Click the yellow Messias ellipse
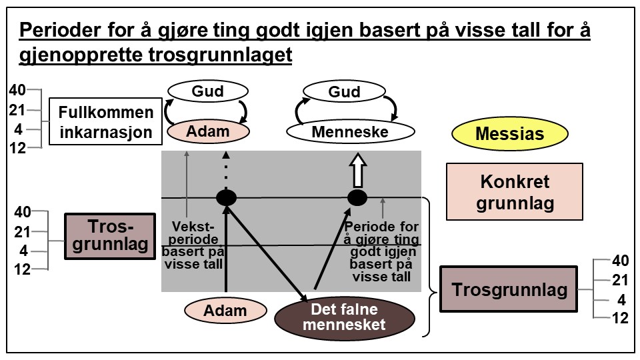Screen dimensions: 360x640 (509, 134)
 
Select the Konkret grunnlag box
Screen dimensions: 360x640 (515, 192)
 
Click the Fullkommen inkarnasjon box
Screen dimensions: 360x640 (107, 122)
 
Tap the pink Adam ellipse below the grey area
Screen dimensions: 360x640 (225, 310)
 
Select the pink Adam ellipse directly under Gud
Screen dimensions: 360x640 (207, 131)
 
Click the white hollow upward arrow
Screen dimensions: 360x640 (357, 170)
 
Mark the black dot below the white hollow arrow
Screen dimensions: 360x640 (357, 197)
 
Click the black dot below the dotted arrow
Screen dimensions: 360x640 (226, 197)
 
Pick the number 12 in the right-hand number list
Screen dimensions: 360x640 (620, 319)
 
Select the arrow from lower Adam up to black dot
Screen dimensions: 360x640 (226, 253)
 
